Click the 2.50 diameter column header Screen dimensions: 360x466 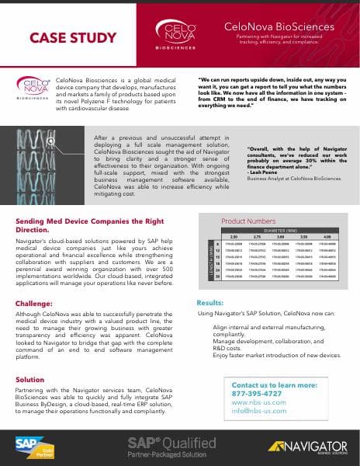[234, 237]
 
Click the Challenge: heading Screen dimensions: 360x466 [34, 304]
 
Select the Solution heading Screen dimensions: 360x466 [30, 379]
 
